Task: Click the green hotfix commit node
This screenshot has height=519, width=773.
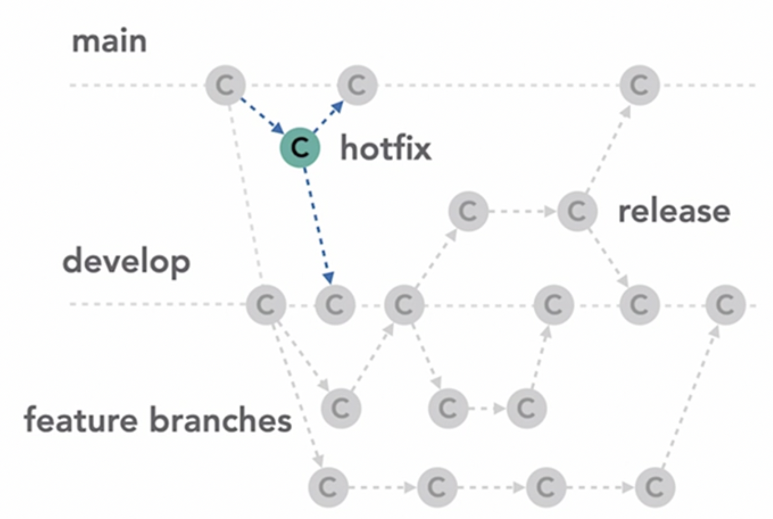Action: click(x=300, y=147)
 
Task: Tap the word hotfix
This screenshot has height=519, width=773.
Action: click(x=386, y=148)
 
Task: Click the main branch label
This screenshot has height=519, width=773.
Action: click(x=109, y=41)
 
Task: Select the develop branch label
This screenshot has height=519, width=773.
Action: click(x=127, y=262)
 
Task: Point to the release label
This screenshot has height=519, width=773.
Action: click(x=674, y=211)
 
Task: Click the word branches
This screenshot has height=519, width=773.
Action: click(x=221, y=420)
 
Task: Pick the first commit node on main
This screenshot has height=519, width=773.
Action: click(x=225, y=85)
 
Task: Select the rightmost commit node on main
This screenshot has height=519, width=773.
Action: click(x=639, y=85)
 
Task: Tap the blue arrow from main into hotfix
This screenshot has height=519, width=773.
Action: click(x=262, y=116)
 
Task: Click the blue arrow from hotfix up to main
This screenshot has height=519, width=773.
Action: click(x=328, y=116)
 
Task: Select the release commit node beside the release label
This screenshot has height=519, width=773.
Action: click(x=577, y=211)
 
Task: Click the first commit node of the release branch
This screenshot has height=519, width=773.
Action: click(x=468, y=211)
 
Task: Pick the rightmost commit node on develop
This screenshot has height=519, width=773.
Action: click(x=725, y=305)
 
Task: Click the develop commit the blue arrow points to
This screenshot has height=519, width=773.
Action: click(x=335, y=305)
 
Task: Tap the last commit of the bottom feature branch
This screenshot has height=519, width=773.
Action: click(x=655, y=487)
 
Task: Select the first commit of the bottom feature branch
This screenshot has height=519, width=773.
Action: click(x=328, y=487)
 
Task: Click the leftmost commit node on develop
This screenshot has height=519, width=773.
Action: click(x=266, y=305)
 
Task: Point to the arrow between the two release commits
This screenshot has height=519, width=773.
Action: click(x=523, y=211)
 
